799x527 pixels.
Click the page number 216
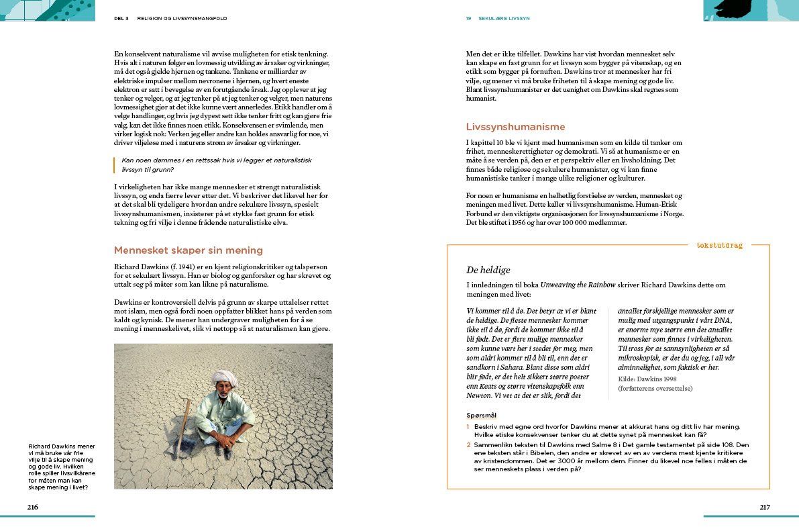32,507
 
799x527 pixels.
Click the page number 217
765,507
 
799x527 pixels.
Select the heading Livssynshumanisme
515,127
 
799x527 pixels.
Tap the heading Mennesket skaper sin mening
188,250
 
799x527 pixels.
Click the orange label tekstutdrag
719,245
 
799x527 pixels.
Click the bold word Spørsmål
481,415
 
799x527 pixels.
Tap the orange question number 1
468,427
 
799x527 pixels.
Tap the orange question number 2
468,444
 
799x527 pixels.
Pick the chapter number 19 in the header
468,19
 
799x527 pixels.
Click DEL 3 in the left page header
123,19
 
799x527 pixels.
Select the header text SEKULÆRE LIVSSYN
504,19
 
